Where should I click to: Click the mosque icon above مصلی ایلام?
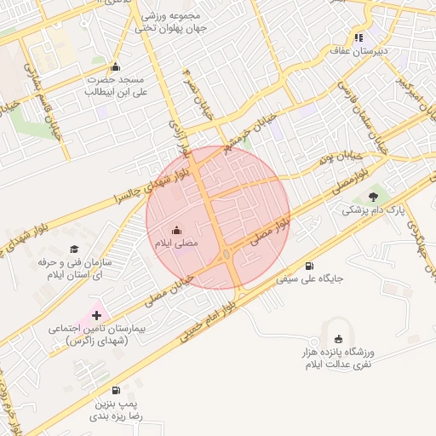[176, 230]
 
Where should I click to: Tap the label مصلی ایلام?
[175, 244]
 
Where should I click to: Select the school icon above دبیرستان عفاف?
[359, 37]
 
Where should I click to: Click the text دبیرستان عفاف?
[359, 51]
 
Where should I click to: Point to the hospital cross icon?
[95, 315]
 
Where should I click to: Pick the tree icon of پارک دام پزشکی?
[370, 197]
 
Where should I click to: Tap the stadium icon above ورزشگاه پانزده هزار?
[340, 340]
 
